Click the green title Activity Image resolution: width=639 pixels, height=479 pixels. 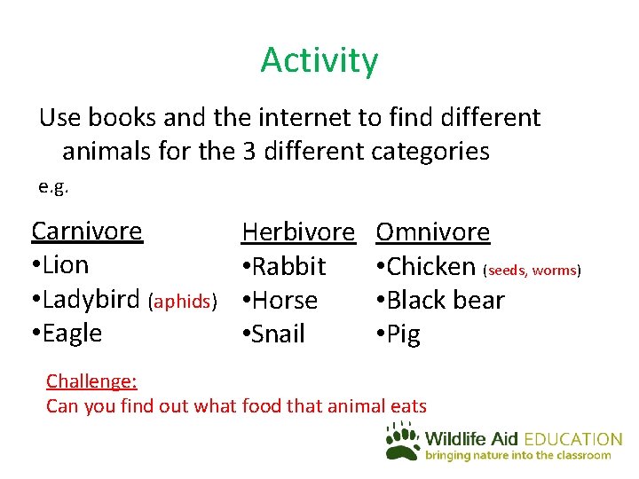[x=319, y=60]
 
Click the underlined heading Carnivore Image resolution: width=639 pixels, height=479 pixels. [x=87, y=231]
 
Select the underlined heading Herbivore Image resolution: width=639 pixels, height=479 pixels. [x=297, y=232]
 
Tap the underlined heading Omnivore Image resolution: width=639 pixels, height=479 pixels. [x=433, y=232]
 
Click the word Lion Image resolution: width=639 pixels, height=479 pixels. [x=65, y=264]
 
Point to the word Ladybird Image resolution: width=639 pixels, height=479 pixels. [x=92, y=299]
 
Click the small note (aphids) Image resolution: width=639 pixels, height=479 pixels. [x=184, y=302]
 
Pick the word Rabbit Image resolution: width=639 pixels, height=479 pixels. [x=288, y=266]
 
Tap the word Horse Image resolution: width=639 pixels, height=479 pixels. [x=285, y=300]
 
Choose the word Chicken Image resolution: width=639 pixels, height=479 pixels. [x=431, y=266]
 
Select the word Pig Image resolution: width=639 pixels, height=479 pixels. [x=404, y=335]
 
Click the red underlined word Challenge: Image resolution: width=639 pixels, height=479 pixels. [x=91, y=381]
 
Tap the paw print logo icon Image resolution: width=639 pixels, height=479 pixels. [x=402, y=440]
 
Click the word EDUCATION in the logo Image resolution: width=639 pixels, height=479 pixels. [x=573, y=439]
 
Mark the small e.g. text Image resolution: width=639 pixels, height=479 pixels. [x=53, y=187]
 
